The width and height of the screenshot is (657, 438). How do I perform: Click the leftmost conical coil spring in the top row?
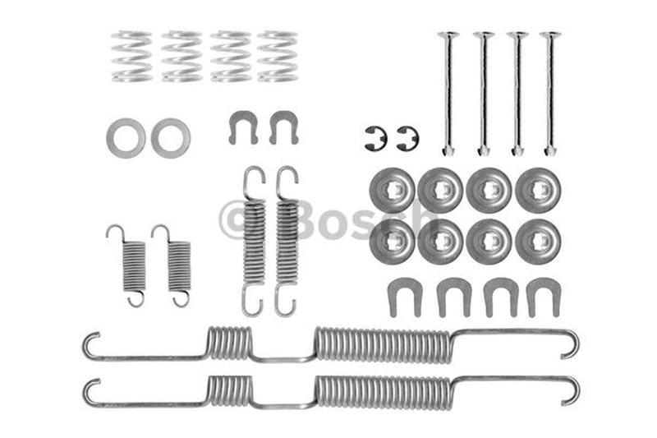click(x=132, y=56)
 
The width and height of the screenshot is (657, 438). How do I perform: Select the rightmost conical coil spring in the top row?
click(x=277, y=56)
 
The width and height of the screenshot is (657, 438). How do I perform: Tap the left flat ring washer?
click(x=126, y=138)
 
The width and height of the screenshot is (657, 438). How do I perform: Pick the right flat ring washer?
click(x=171, y=138)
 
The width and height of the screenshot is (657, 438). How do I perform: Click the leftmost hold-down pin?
click(x=448, y=93)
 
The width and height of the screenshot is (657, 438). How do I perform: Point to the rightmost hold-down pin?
click(x=550, y=93)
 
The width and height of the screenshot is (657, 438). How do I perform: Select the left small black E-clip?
click(x=375, y=138)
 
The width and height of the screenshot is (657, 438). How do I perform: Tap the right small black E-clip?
click(x=407, y=138)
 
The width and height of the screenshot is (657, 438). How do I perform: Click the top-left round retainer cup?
click(x=393, y=190)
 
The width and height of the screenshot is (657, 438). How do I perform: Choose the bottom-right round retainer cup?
click(x=538, y=241)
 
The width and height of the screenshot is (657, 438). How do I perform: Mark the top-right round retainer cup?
click(x=538, y=190)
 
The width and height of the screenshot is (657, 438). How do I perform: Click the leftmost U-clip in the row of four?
click(x=404, y=296)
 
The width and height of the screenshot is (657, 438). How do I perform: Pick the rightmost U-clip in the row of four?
click(x=543, y=296)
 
